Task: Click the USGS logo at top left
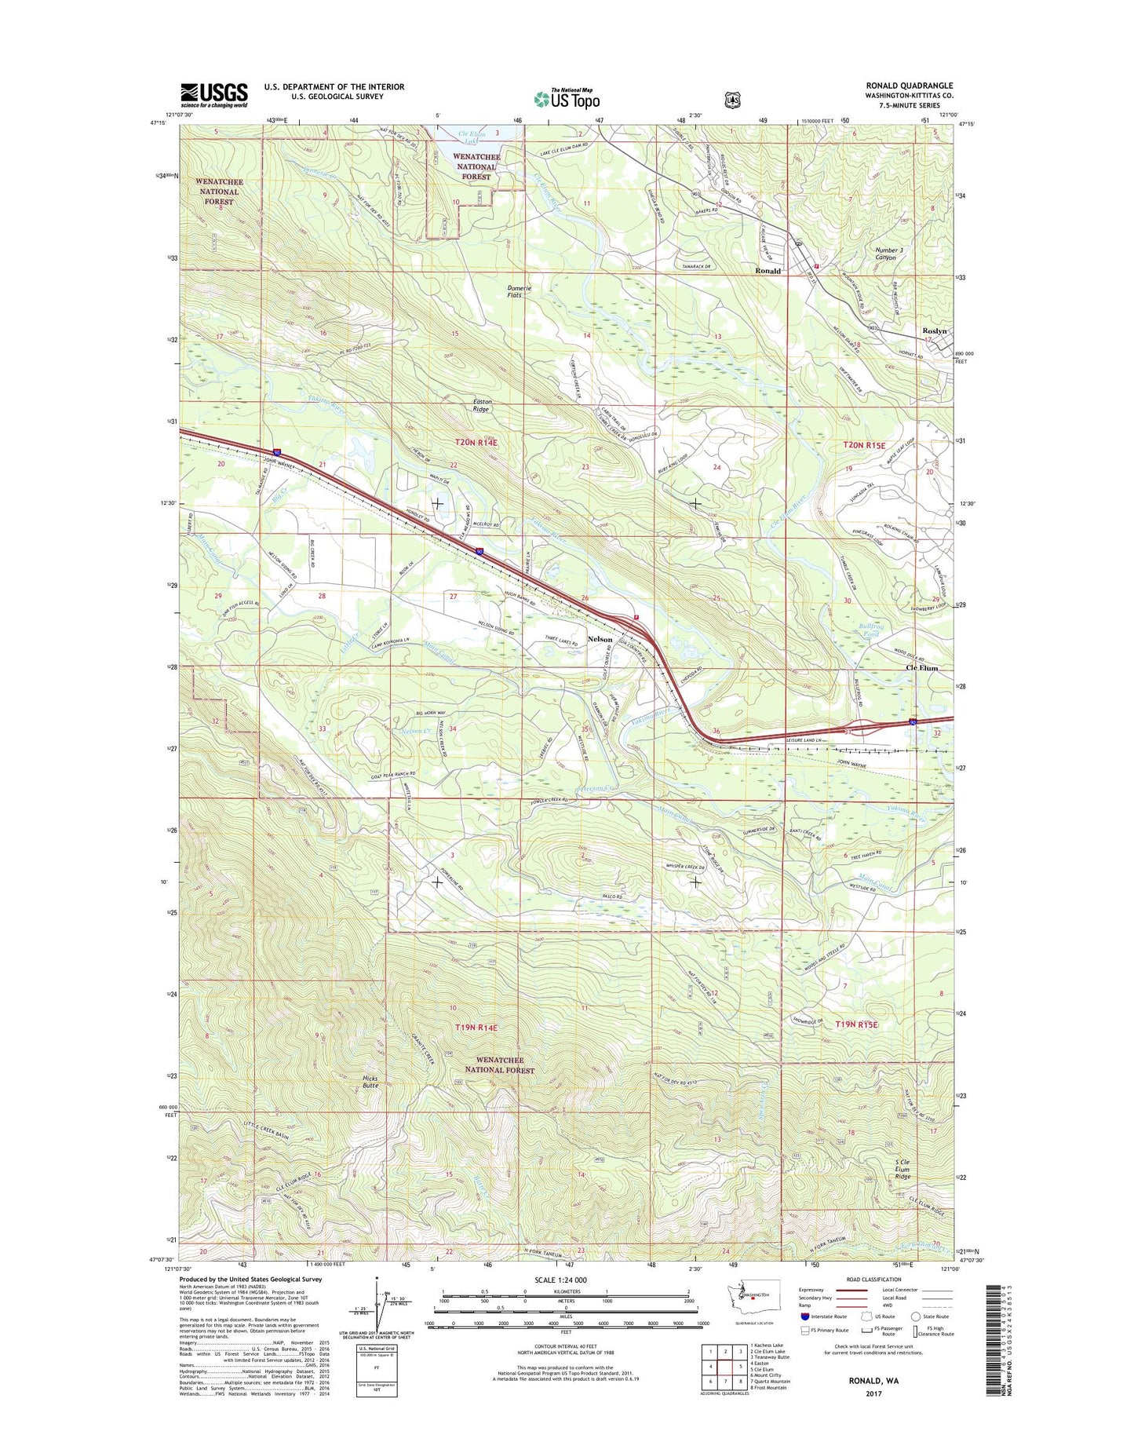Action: pos(213,95)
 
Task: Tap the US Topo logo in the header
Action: pos(567,99)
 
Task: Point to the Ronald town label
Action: pos(768,271)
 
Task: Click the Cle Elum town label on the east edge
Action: pos(921,668)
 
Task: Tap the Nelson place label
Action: pos(600,640)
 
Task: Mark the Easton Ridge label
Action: pos(480,405)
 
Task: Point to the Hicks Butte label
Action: pos(370,1082)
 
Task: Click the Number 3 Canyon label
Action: pos(885,254)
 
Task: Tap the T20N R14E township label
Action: pos(476,443)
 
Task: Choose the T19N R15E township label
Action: pos(856,1024)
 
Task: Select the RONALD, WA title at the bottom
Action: pos(873,1401)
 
